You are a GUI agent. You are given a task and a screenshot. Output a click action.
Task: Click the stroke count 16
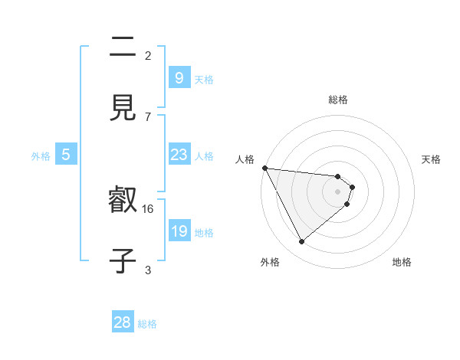pyautogui.click(x=149, y=208)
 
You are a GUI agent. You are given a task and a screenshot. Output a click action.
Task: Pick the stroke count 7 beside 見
pyautogui.click(x=148, y=116)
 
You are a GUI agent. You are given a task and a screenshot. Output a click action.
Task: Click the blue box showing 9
pyautogui.click(x=179, y=77)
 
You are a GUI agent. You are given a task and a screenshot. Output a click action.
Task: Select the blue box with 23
pyautogui.click(x=179, y=155)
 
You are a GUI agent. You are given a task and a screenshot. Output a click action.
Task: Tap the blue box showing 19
pyautogui.click(x=179, y=231)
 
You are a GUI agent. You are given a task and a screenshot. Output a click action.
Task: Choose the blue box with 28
pyautogui.click(x=123, y=322)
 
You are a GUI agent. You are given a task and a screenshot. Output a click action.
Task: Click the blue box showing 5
pyautogui.click(x=66, y=155)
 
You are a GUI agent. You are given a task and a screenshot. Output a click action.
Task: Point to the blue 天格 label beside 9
pyautogui.click(x=204, y=79)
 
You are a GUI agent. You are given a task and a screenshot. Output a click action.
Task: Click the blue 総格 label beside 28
pyautogui.click(x=147, y=324)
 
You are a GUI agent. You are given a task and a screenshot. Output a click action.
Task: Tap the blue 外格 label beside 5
pyautogui.click(x=41, y=156)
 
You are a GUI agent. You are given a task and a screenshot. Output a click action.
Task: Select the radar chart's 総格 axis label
pyautogui.click(x=337, y=100)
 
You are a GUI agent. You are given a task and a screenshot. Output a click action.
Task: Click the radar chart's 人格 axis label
pyautogui.click(x=245, y=159)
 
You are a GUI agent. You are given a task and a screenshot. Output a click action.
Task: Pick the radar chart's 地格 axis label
pyautogui.click(x=402, y=262)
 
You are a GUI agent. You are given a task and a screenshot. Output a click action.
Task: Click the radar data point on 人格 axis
pyautogui.click(x=264, y=168)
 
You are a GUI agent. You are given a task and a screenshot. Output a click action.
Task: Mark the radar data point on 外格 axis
pyautogui.click(x=301, y=242)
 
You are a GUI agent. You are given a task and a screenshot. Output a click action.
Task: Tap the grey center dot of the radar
pyautogui.click(x=337, y=191)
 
